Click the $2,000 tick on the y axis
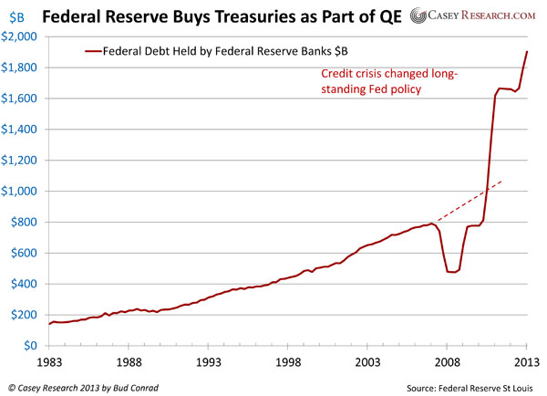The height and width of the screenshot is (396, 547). pos(20,36)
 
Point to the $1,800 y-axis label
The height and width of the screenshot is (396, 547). pos(20,68)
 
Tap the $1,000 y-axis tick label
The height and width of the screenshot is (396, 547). pos(20,192)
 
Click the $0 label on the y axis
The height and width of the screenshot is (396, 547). pos(29,347)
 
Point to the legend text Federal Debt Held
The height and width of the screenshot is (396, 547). pos(150,52)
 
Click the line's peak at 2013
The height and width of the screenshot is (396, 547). pos(527,51)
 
